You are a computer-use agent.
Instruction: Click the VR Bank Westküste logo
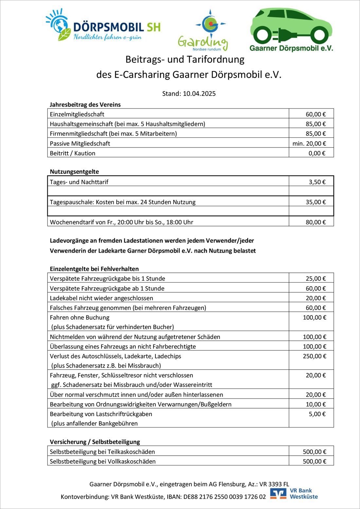[294, 494]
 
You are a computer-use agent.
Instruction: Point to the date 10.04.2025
[199, 94]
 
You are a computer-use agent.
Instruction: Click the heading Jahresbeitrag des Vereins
[85, 105]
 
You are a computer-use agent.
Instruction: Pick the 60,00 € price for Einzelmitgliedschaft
[315, 114]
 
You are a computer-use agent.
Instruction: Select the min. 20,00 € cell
[309, 143]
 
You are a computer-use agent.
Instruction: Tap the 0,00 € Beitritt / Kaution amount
[317, 153]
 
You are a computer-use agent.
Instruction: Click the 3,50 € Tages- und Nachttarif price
[317, 182]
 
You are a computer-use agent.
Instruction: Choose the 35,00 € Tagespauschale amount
[315, 202]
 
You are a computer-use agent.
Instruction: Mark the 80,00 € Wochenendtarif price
[315, 222]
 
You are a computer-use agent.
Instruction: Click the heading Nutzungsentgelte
[74, 172]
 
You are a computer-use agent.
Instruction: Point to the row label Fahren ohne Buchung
[80, 317]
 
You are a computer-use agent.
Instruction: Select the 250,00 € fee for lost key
[314, 356]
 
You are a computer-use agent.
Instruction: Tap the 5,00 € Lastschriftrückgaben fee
[317, 414]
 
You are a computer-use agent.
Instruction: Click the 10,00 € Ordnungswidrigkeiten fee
[315, 404]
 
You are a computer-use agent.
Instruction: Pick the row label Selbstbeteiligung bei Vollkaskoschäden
[102, 461]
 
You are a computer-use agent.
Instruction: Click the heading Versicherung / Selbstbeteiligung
[95, 442]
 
